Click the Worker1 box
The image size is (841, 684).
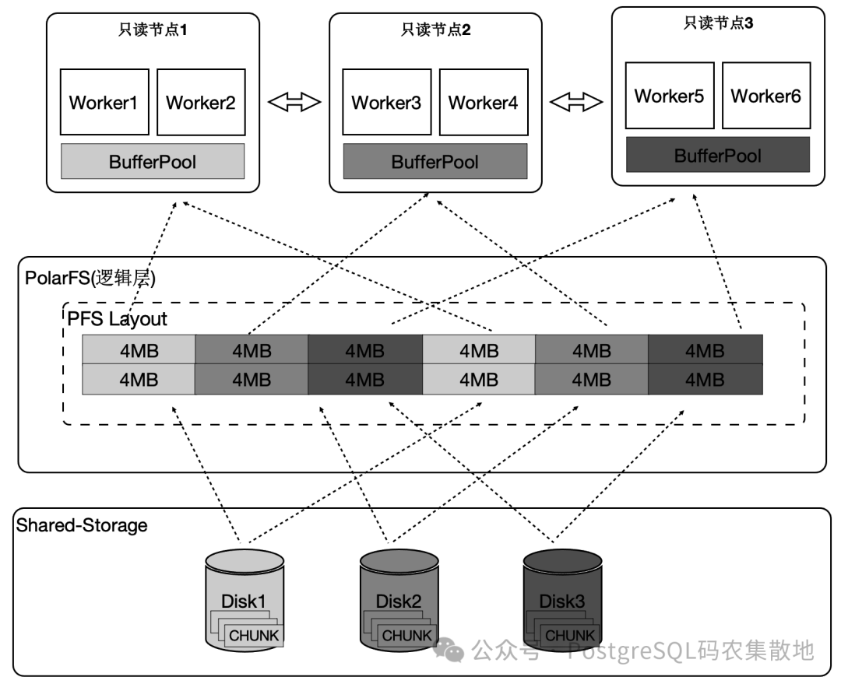pos(104,102)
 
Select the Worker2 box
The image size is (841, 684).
pos(201,102)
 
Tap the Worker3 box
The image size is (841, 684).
pos(387,102)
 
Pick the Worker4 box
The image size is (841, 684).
pos(484,102)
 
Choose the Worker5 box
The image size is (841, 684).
pos(670,96)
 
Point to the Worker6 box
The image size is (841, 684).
pos(766,96)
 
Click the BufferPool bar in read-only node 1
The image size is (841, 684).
pos(153,161)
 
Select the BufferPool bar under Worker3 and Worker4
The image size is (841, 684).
pos(435,161)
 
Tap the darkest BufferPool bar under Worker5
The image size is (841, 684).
pos(718,155)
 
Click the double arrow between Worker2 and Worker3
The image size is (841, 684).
pos(294,102)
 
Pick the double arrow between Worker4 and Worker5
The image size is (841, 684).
pos(576,102)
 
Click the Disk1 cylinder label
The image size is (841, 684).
pos(244,602)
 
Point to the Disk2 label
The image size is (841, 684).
pos(399,602)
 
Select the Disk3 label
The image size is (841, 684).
pos(561,602)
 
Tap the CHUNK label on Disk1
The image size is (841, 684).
pos(254,636)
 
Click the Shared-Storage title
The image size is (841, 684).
pos(82,525)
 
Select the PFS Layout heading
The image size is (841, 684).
pos(117,319)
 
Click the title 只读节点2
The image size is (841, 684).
pos(435,30)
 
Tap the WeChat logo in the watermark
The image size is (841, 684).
pos(449,650)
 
